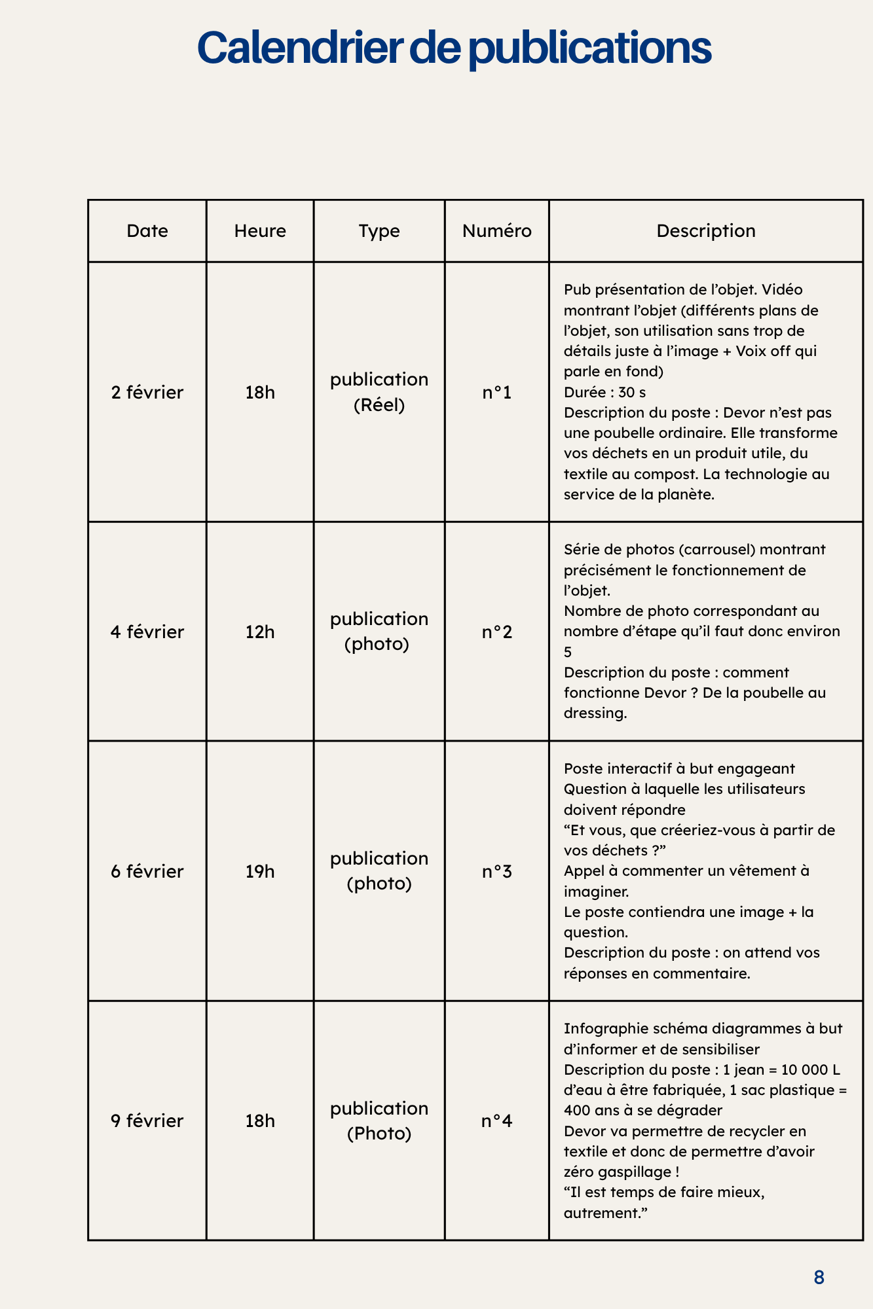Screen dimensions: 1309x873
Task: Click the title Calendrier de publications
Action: click(454, 48)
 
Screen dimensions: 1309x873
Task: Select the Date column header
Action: click(147, 231)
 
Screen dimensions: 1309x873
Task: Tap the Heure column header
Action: click(260, 231)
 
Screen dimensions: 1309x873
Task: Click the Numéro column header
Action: click(496, 231)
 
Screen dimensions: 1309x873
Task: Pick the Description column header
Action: click(705, 231)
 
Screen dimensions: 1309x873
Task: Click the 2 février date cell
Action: click(147, 393)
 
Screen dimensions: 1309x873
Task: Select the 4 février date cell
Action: click(147, 632)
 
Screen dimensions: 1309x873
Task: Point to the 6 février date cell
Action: click(147, 872)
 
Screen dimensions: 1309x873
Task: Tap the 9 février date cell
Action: click(147, 1121)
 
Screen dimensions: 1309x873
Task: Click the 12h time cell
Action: click(260, 632)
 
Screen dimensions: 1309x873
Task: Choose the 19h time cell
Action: click(260, 872)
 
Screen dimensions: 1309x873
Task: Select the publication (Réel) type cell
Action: click(379, 393)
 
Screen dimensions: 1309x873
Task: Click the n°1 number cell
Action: click(496, 393)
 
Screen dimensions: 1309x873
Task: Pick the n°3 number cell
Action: click(496, 872)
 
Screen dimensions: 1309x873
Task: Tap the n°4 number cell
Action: click(496, 1121)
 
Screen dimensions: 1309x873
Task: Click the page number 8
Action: click(819, 1277)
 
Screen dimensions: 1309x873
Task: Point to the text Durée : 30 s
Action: click(604, 393)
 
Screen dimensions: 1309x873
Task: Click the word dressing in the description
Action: click(595, 713)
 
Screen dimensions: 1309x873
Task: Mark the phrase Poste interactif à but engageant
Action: click(679, 768)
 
